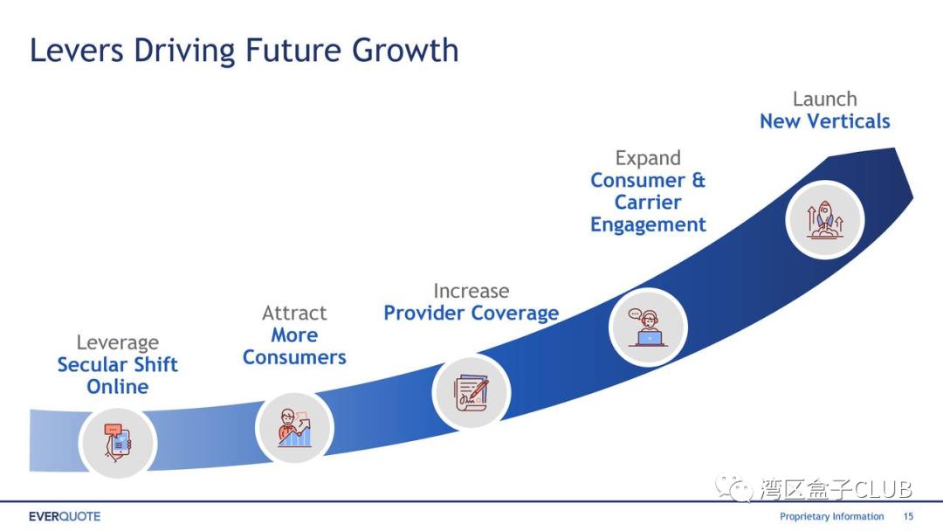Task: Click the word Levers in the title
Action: point(77,51)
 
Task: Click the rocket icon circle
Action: point(824,220)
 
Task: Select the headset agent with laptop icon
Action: point(648,328)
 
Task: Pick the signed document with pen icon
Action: point(471,392)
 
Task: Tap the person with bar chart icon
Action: point(295,428)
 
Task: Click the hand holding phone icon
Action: point(118,443)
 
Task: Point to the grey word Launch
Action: point(824,99)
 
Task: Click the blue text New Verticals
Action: point(824,121)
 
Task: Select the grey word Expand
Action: point(648,158)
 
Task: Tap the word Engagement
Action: point(648,224)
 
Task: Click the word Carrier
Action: point(648,202)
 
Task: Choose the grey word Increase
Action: point(471,291)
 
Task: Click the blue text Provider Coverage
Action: point(471,313)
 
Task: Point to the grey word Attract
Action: point(295,313)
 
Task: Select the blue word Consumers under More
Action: point(295,357)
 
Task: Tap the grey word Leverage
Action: point(118,342)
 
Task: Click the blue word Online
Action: point(118,387)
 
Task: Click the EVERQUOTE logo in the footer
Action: point(65,516)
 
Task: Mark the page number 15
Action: point(908,516)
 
